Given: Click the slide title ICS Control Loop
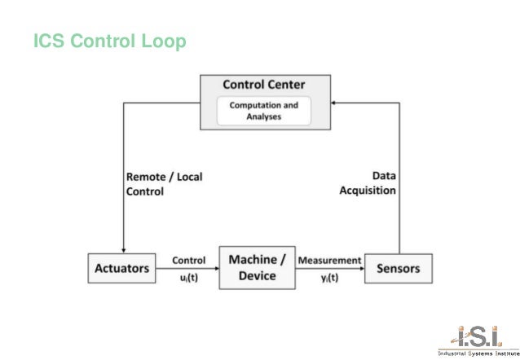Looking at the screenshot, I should coord(109,40).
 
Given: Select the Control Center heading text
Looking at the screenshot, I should coord(264,85).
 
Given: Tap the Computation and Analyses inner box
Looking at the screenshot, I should coord(263,111).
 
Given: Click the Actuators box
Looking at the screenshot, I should coord(121,268).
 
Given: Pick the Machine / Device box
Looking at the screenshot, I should coord(257,267).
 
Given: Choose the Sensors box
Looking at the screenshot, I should coord(399,268).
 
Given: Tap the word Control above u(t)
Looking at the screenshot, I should coord(188,261).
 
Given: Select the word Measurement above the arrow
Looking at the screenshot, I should coord(329,261).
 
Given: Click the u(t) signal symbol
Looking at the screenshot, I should coord(188,276).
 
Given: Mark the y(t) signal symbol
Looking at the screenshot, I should coord(329,276).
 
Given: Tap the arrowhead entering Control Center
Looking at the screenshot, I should coord(335,102).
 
